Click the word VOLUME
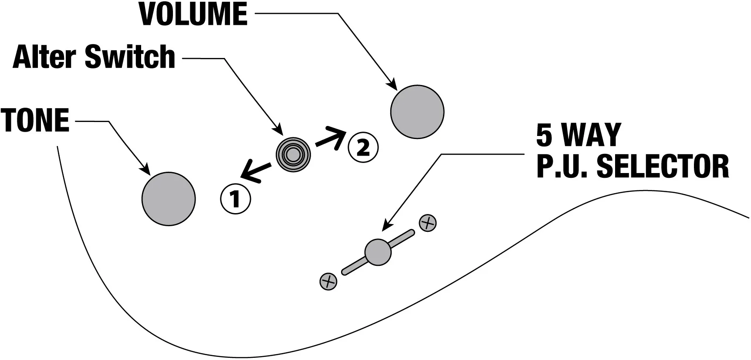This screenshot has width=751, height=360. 193,14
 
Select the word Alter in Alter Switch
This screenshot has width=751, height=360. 44,57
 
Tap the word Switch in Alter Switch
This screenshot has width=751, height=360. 130,57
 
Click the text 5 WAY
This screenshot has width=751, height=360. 578,135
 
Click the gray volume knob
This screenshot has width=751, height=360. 417,112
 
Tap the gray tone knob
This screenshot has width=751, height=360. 169,199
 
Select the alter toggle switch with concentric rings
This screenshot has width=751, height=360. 293,153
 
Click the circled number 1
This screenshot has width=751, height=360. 235,199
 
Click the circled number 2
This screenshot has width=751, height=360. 363,148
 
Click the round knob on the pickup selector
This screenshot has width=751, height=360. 378,252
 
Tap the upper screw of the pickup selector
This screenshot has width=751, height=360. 427,223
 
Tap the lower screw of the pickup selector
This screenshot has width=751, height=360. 328,282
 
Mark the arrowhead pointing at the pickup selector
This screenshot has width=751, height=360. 386,225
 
